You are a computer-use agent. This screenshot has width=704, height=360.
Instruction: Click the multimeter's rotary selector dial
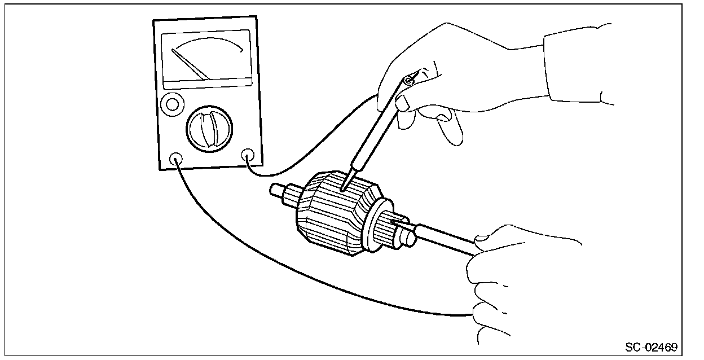tap(209, 128)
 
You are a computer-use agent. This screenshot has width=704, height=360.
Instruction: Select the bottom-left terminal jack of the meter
tap(176, 159)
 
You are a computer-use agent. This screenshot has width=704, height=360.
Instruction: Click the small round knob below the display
tap(172, 103)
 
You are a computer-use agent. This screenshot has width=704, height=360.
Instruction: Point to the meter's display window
tap(206, 59)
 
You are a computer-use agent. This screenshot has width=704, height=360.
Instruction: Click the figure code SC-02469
tap(651, 346)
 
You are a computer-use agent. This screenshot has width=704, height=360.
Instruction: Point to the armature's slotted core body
tap(330, 217)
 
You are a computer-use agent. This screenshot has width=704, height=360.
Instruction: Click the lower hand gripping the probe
tap(508, 282)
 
